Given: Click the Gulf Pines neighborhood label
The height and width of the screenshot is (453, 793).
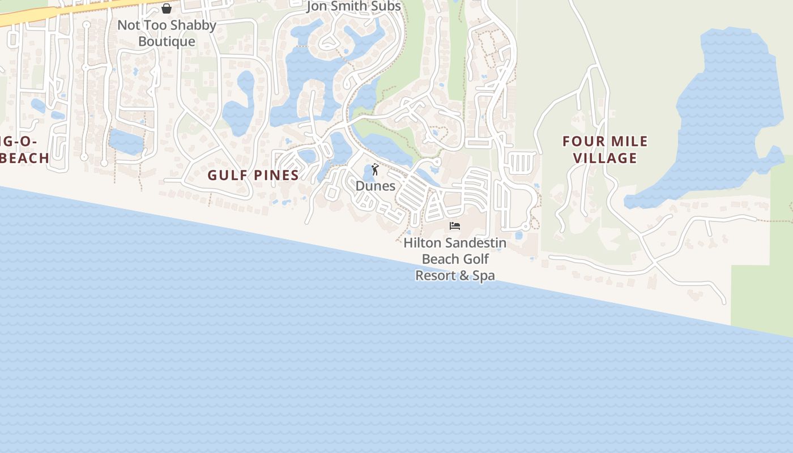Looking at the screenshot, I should tap(253, 175).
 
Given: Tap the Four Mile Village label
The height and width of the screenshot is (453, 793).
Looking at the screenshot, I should tap(605, 149).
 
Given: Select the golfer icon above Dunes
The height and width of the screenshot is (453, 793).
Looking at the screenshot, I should tap(375, 169).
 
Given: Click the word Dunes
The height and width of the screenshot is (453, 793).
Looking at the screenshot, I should tap(375, 186).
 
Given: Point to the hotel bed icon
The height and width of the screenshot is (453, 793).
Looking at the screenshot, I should tap(454, 226).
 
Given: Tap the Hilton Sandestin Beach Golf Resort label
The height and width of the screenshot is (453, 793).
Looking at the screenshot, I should tap(455, 259).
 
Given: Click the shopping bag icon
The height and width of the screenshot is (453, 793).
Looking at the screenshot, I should tap(167, 8).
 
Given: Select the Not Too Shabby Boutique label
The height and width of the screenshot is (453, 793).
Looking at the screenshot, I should tap(167, 33).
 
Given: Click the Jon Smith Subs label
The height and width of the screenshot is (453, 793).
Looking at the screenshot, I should tap(353, 6).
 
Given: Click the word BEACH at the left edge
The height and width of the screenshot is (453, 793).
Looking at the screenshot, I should tap(25, 158).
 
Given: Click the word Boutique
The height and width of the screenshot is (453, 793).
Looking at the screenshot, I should tap(167, 41).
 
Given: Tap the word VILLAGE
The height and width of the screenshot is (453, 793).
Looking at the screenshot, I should tap(605, 158).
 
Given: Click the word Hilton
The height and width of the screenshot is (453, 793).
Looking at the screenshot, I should tap(422, 243).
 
